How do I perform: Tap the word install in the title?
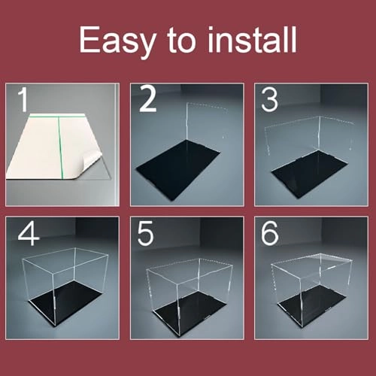pos(252,40)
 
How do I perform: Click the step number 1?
pos(23,99)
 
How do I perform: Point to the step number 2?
pos(147,99)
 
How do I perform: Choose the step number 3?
pos(269,99)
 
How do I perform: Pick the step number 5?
pos(146,233)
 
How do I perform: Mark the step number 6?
pos(270,233)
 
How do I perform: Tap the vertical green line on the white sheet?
pos(60,148)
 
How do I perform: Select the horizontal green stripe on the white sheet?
pos(56,116)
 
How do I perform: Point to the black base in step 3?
pos(309,174)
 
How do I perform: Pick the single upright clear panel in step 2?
pos(206,123)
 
